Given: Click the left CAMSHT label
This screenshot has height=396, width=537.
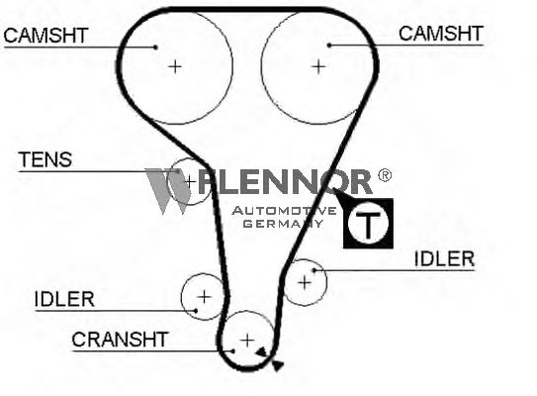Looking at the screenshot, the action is point(45,36).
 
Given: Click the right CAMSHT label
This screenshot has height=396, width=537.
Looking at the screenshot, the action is point(441,34).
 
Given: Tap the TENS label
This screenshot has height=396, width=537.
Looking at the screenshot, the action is point(45,159).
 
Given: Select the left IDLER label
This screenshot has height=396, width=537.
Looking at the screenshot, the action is point(64,299).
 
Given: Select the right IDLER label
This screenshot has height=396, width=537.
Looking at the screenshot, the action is point(444,258).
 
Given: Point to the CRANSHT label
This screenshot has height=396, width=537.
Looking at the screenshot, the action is point(120,340).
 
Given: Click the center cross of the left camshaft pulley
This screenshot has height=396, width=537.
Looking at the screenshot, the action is point(175,66).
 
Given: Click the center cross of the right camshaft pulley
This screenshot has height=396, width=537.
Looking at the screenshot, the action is point(318,66).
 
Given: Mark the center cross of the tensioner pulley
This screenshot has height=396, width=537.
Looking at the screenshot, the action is point(190,181).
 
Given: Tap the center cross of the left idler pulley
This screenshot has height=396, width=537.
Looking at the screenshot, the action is point(204,297).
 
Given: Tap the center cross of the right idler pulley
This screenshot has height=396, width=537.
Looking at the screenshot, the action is point(305,283).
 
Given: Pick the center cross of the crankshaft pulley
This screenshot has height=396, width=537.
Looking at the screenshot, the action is point(247,341).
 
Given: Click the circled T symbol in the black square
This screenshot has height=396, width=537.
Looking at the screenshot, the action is point(368,223).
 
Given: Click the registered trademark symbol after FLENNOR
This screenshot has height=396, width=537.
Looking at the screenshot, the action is point(385,175).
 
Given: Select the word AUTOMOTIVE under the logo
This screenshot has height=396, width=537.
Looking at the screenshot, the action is point(284,211).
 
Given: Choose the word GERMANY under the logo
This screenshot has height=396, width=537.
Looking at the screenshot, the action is point(283,224).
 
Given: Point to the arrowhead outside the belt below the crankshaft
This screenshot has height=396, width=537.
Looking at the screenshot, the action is point(278,366).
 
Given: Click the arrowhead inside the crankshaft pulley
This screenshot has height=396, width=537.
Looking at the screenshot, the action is point(261,351).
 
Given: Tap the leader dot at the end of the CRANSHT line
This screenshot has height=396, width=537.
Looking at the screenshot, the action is point(232,351).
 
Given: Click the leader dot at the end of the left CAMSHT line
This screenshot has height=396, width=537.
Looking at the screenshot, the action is point(156,48).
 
